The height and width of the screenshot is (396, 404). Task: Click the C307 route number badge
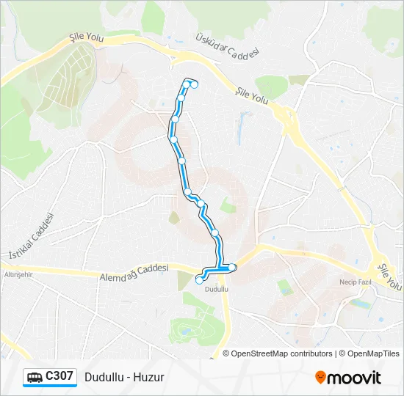pos(59,376)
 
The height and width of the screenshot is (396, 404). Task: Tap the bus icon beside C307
pos(35,378)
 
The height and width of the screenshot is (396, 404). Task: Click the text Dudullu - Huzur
pos(124,377)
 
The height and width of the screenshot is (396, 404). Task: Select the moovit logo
pos(348,378)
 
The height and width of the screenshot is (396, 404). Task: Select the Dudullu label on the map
pos(217,289)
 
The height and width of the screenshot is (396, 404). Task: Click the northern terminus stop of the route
pos(195,84)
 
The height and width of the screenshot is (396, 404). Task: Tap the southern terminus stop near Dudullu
pos(199,279)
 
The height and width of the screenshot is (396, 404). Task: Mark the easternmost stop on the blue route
pos(232,267)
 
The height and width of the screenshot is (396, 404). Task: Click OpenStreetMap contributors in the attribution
pos(278,353)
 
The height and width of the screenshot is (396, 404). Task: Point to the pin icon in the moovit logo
pos(320,378)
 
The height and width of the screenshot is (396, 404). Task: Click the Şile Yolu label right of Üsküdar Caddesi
pos(253,93)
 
